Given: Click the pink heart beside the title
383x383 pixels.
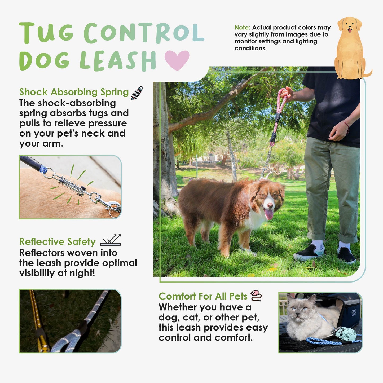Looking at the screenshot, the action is tap(177, 60).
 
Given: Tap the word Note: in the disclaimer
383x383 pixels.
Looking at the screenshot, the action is tap(242, 27).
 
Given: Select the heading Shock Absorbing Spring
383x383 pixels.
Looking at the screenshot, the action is tap(74, 92).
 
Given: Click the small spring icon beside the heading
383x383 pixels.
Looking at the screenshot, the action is tap(137, 93).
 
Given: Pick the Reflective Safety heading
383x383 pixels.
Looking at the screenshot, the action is tap(58, 242).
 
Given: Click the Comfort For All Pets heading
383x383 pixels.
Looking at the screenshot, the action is tap(203, 296).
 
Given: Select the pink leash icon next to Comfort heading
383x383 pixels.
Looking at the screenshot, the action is tap(256, 296).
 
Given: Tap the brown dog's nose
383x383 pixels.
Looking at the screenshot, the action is tap(270, 205).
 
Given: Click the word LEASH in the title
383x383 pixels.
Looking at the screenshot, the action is tap(118, 60).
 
